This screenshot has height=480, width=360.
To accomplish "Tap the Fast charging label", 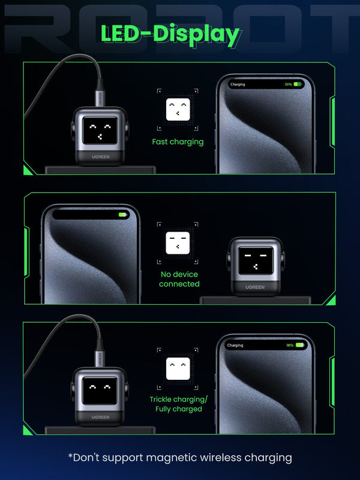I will point(178,142).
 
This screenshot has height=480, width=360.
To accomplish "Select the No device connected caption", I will point(179,279).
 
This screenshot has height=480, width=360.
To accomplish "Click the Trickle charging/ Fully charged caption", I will point(178,404).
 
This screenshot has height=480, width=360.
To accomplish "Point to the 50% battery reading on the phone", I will point(288,85).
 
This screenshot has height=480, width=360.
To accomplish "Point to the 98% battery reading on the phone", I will point(290,345).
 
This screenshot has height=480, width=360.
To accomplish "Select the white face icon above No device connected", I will point(178,243).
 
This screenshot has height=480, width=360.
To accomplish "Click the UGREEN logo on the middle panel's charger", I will point(254,287).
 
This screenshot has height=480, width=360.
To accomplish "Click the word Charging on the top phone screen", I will point(238,85).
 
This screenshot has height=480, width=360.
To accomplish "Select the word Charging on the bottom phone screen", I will point(235,345).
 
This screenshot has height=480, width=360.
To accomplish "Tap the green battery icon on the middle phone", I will point(123,214).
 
